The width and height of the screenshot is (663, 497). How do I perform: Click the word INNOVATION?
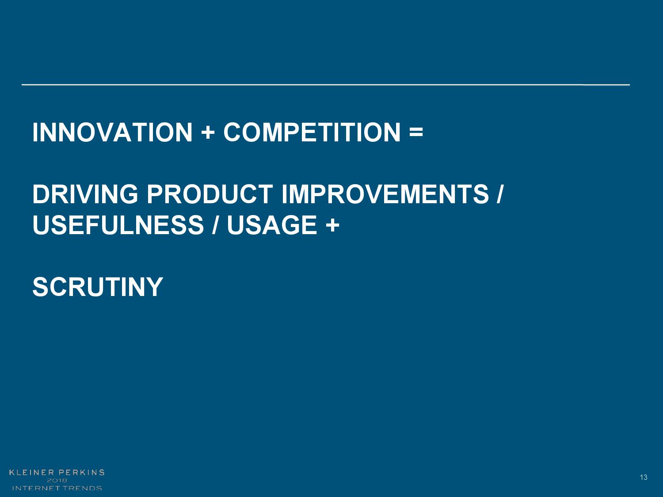pyautogui.click(x=112, y=132)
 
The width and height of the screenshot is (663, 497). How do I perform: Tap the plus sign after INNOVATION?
pyautogui.click(x=208, y=133)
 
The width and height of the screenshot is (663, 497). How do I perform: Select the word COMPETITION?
pyautogui.click(x=312, y=132)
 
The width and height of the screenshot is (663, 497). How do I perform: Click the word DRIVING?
pyautogui.click(x=85, y=194)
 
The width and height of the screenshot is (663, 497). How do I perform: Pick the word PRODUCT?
pyautogui.click(x=210, y=194)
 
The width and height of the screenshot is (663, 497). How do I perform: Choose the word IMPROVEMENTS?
pyautogui.click(x=385, y=194)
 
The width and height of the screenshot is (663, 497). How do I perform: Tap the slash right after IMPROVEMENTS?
pyautogui.click(x=499, y=194)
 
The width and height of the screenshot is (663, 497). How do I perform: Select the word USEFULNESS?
pyautogui.click(x=118, y=225)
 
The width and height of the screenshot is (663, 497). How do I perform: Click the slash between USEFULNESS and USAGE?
pyautogui.click(x=215, y=225)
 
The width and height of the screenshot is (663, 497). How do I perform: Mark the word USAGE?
pyautogui.click(x=272, y=225)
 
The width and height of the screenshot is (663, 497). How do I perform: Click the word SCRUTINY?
pyautogui.click(x=98, y=287)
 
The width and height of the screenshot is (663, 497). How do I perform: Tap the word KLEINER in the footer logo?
pyautogui.click(x=31, y=472)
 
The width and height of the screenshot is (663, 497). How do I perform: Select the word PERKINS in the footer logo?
pyautogui.click(x=81, y=472)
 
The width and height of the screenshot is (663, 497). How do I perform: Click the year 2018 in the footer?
pyautogui.click(x=57, y=480)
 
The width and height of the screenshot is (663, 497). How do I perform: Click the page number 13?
pyautogui.click(x=644, y=477)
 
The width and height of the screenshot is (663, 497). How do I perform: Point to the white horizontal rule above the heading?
pyautogui.click(x=326, y=85)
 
